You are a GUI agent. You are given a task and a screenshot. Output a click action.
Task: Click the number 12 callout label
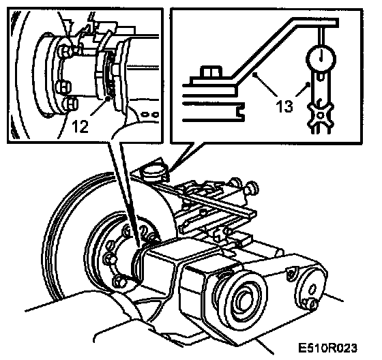[80, 126]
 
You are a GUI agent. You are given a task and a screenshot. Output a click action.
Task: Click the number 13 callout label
[284, 106]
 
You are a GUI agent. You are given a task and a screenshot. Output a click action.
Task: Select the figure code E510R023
[327, 348]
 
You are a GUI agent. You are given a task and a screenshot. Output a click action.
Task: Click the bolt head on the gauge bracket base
[209, 72]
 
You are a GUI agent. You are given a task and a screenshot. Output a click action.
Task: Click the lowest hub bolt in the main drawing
[119, 282]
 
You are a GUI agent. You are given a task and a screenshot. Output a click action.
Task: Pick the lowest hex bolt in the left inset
[71, 104]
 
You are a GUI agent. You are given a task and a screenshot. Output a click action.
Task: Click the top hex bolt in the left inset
[65, 51]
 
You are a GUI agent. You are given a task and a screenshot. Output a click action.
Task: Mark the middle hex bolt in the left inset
[63, 87]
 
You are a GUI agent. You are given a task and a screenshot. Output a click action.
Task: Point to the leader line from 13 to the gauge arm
[303, 89]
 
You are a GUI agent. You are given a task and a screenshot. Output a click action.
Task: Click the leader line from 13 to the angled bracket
[265, 84]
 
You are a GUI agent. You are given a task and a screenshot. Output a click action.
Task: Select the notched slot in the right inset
[240, 111]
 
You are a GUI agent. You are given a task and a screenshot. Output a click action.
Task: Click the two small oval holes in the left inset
[150, 114]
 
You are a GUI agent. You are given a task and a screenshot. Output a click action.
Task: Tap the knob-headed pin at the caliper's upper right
[252, 187]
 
